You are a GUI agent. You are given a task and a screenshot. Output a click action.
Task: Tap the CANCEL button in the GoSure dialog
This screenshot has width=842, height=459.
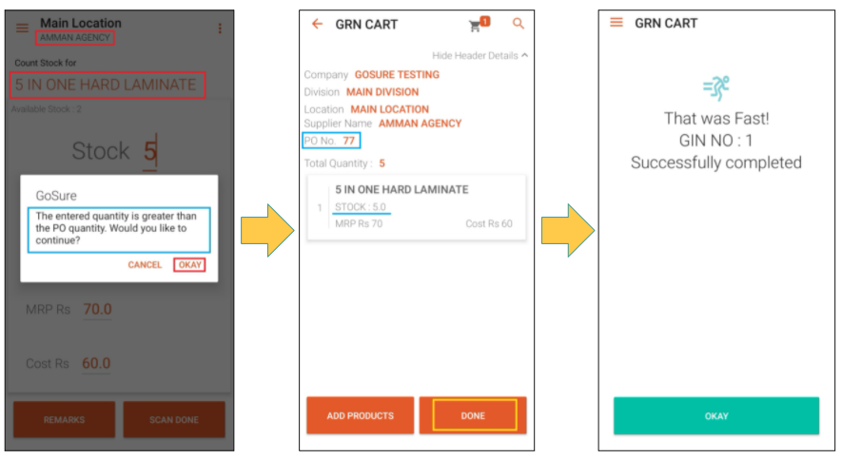145,265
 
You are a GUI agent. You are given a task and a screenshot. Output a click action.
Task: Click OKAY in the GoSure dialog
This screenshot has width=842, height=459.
189,265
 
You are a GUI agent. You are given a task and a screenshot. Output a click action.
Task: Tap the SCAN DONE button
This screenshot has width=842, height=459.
174,419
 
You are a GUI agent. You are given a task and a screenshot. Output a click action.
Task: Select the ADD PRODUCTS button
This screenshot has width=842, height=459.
361,415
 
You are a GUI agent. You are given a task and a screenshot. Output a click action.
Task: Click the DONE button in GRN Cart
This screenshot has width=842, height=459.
473,415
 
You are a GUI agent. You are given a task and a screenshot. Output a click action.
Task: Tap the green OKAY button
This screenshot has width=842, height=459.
716,416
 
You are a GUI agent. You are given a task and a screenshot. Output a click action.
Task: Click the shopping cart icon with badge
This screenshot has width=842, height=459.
479,24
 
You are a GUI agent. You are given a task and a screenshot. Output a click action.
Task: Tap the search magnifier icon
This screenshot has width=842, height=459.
519,24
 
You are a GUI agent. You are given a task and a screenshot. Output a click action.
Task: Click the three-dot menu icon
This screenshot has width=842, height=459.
220,29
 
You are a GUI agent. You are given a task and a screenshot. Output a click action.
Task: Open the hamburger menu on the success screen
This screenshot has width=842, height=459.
617,23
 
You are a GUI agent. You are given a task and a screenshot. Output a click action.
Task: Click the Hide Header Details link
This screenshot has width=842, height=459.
480,56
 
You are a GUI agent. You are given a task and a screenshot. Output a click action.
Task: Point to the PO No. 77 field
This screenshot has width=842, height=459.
331,141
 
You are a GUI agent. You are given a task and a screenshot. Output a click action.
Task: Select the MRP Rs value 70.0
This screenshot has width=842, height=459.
97,310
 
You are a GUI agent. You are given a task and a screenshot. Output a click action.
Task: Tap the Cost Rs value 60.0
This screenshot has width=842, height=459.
96,364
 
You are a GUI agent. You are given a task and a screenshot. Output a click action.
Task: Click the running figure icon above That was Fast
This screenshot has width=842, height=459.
716,88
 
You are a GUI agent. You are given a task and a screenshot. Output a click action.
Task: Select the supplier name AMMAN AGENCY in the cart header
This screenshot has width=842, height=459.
420,124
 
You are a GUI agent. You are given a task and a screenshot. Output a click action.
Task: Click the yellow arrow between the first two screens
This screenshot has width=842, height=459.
267,230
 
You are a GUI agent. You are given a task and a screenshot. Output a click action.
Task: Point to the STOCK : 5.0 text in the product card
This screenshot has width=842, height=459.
361,207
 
